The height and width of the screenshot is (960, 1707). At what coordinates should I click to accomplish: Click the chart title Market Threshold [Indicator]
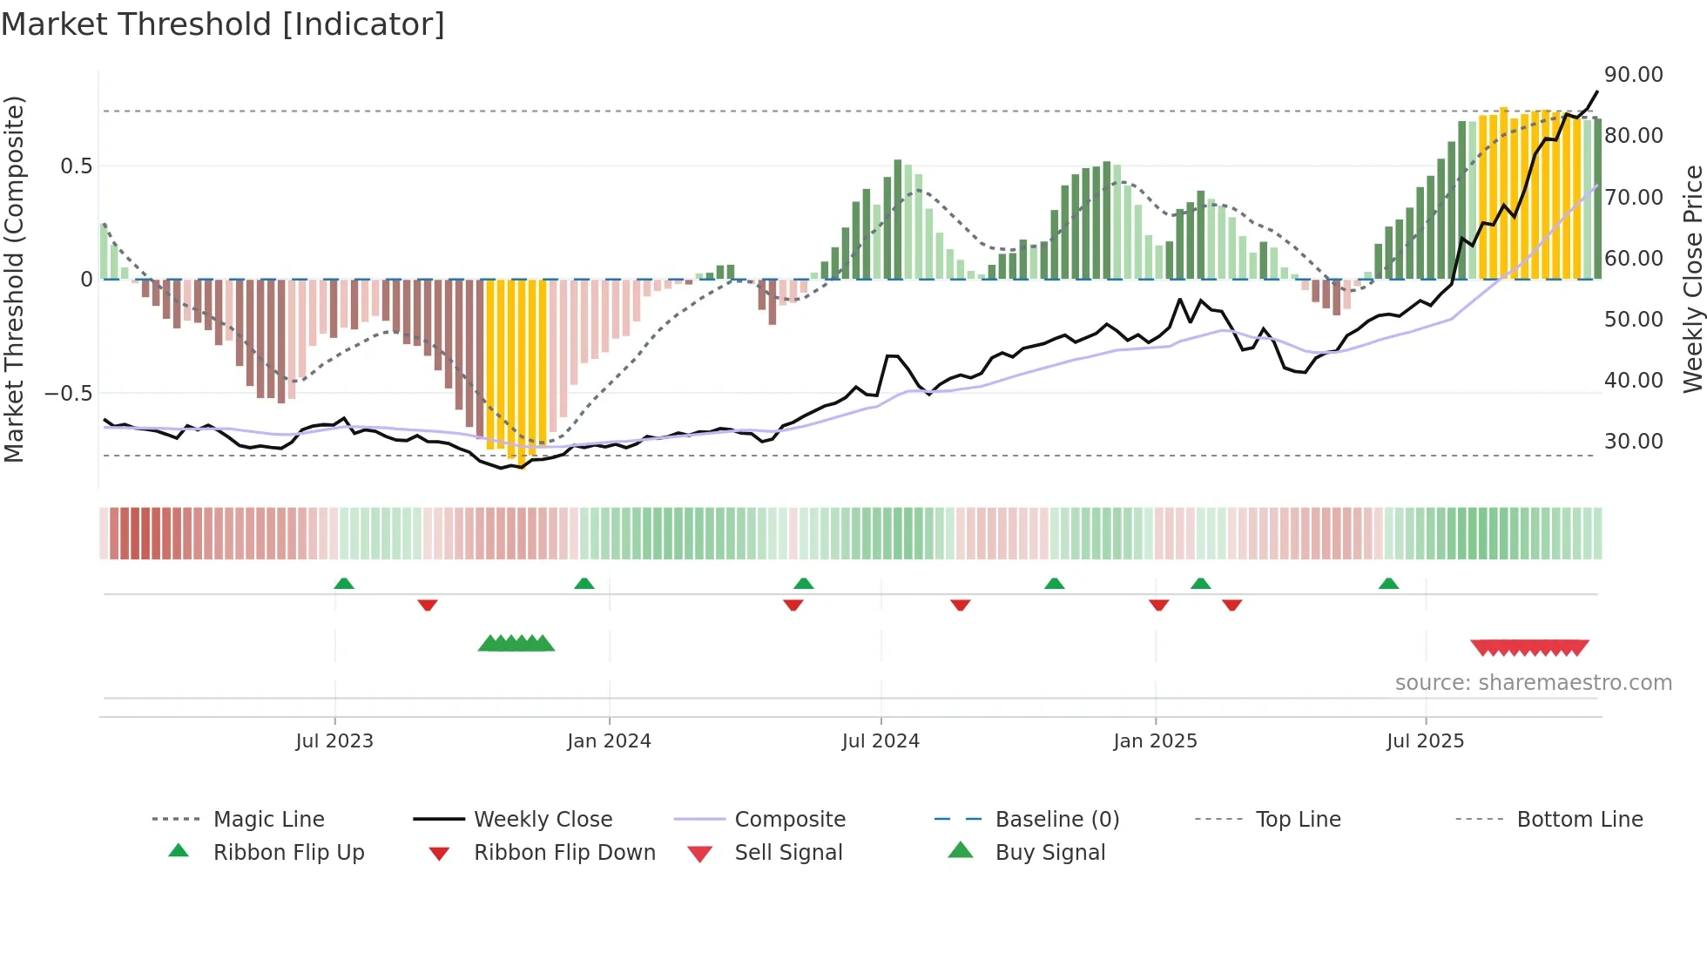(x=223, y=24)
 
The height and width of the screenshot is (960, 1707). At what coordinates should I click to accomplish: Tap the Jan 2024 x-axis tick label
(x=609, y=741)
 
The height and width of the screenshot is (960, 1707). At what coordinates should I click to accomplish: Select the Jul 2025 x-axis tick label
(x=1425, y=741)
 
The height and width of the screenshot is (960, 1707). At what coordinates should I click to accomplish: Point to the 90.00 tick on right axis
(x=1633, y=75)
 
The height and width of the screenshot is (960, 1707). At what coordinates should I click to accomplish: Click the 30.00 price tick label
(x=1633, y=442)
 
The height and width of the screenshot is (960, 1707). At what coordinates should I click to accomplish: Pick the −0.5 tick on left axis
(x=68, y=394)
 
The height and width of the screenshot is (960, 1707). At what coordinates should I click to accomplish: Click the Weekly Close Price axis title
(x=1692, y=279)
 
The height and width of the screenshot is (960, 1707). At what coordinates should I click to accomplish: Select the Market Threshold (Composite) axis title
(x=14, y=279)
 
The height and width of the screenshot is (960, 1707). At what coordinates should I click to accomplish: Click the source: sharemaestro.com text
(x=1533, y=683)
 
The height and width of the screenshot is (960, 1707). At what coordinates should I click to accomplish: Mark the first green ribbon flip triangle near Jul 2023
(x=344, y=584)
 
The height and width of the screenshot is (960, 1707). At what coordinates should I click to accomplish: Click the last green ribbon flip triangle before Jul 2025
(x=1388, y=584)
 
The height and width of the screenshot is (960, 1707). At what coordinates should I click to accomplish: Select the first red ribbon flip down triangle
(x=427, y=605)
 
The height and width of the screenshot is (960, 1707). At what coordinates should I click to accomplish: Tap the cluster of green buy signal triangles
(x=516, y=644)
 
